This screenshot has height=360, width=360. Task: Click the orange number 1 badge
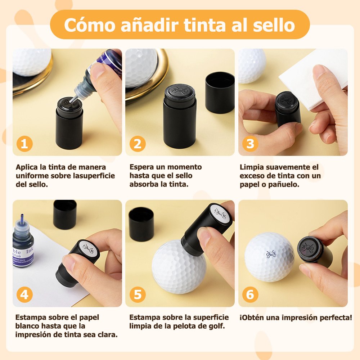point(24,144)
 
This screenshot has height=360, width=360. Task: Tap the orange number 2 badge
point(138,144)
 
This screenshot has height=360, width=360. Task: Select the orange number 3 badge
point(250,144)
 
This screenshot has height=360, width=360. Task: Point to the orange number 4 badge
point(24,294)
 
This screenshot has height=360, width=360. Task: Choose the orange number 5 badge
point(138,294)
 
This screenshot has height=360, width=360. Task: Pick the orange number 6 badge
point(250,294)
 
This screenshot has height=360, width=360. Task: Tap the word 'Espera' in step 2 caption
point(141,167)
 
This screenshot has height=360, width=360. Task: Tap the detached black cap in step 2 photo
point(220,93)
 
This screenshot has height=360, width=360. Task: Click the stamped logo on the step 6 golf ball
point(271,254)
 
